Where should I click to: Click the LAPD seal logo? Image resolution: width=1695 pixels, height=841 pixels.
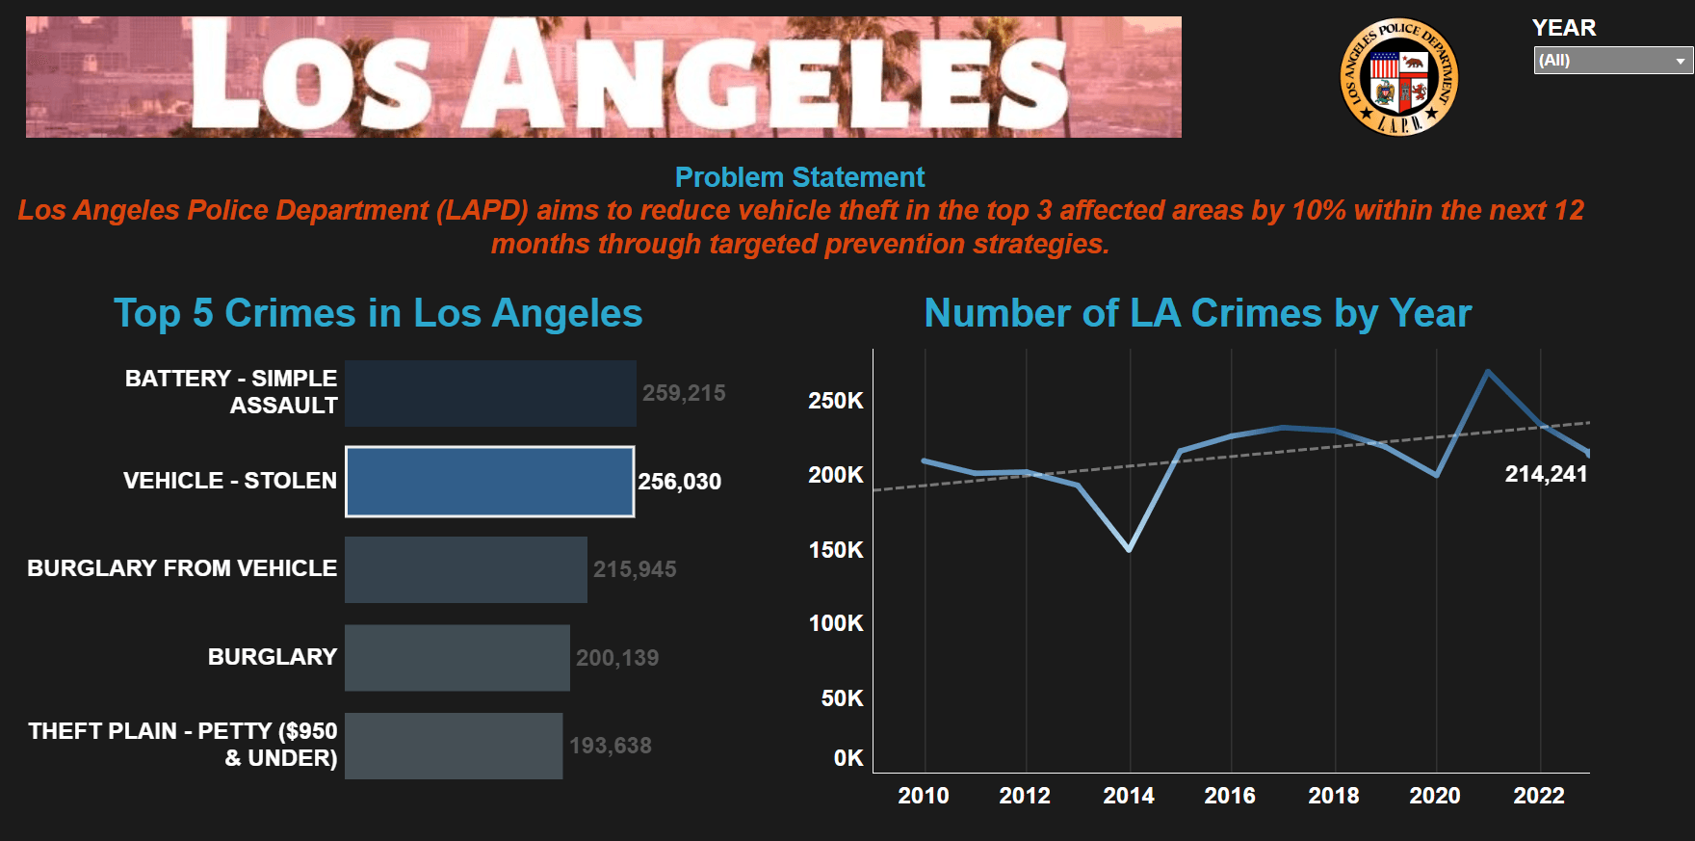1399,77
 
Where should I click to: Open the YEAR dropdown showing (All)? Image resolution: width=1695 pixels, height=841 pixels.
1612,61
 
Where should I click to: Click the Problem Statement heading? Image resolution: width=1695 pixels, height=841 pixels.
799,177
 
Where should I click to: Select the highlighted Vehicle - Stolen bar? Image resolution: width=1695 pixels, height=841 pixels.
489,482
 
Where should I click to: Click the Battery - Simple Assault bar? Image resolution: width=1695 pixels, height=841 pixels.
489,393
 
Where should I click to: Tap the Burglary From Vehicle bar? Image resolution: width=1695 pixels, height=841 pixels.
465,569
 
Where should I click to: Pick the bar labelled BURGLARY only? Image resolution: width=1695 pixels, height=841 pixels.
456,658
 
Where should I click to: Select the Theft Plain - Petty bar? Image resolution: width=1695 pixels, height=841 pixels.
453,746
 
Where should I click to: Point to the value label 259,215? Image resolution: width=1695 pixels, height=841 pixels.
684,393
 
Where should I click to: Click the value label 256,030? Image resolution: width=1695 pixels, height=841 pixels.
679,482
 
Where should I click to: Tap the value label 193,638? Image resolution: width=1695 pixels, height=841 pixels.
611,746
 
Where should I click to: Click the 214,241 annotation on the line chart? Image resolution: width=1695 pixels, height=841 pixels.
1546,474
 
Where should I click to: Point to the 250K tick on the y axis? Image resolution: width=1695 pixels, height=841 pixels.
835,401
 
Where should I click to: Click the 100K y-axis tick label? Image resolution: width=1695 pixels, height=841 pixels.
835,623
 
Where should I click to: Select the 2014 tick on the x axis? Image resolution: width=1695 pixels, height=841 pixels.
1128,796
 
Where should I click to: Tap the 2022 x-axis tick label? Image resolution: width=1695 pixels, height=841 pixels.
1538,796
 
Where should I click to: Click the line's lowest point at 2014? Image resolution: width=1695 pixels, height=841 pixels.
1129,549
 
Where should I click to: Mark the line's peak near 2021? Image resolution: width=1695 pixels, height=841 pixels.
1488,372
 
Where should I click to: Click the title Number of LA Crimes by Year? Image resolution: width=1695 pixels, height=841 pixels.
1197,313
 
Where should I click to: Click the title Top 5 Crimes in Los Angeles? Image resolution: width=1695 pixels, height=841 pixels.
378,313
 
